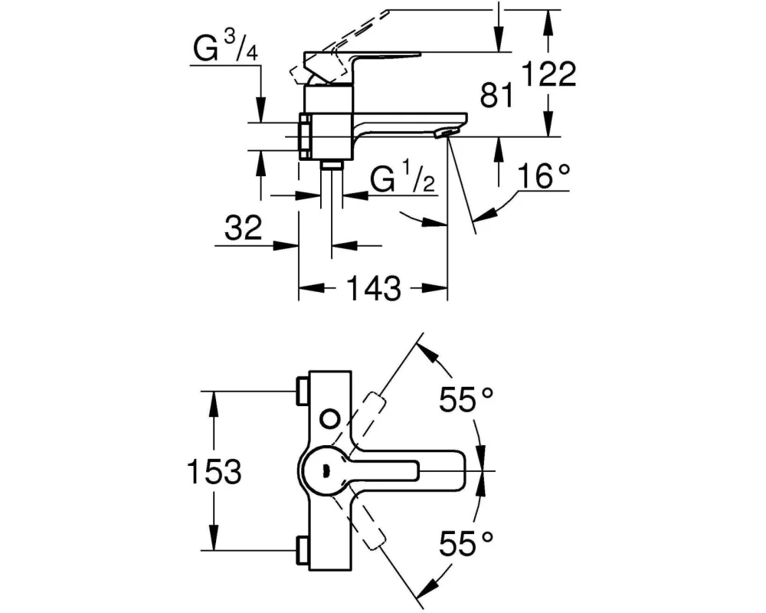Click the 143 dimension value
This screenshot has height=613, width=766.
(x=373, y=288)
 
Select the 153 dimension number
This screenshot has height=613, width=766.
(x=214, y=472)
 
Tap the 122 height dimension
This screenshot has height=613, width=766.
(x=549, y=74)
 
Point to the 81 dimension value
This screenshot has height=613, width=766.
(x=497, y=94)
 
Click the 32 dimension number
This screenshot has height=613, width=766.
(x=244, y=228)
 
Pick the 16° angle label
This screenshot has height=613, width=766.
(x=543, y=176)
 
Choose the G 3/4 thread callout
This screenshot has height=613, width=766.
(x=226, y=48)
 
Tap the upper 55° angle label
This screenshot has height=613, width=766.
(x=466, y=399)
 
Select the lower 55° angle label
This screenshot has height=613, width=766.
(x=466, y=543)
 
